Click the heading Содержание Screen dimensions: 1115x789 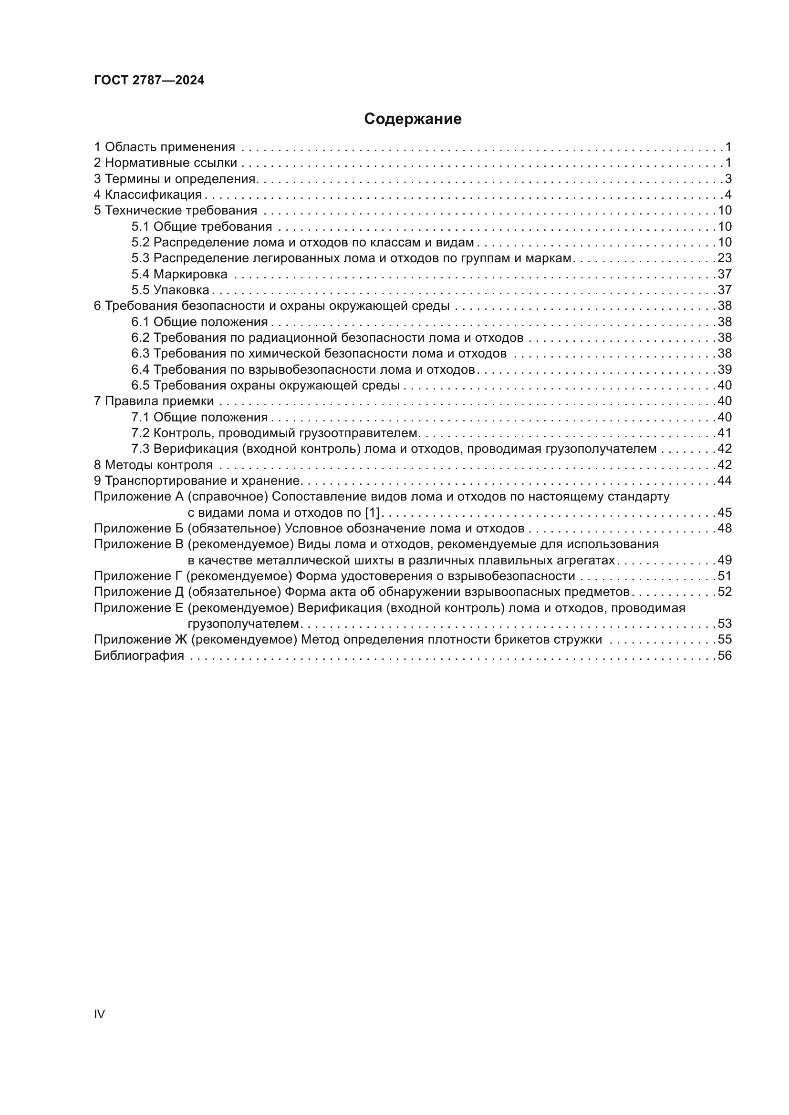413,119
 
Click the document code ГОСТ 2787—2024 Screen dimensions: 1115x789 149,81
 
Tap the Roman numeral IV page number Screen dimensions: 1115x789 99,1014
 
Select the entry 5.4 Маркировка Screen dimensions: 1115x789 179,275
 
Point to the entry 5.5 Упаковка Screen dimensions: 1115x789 170,290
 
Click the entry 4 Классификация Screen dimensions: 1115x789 148,195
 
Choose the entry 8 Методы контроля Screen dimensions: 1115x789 153,465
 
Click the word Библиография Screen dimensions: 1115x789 139,656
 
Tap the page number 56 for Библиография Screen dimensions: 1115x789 725,656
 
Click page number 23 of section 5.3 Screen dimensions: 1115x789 725,258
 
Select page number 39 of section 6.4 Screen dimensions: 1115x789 725,369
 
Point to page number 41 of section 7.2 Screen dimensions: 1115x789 725,433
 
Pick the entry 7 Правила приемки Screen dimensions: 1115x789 154,401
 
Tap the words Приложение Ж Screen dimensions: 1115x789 140,640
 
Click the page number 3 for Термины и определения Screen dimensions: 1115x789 728,179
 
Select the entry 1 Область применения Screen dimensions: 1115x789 164,147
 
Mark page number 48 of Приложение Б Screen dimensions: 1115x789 725,528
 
